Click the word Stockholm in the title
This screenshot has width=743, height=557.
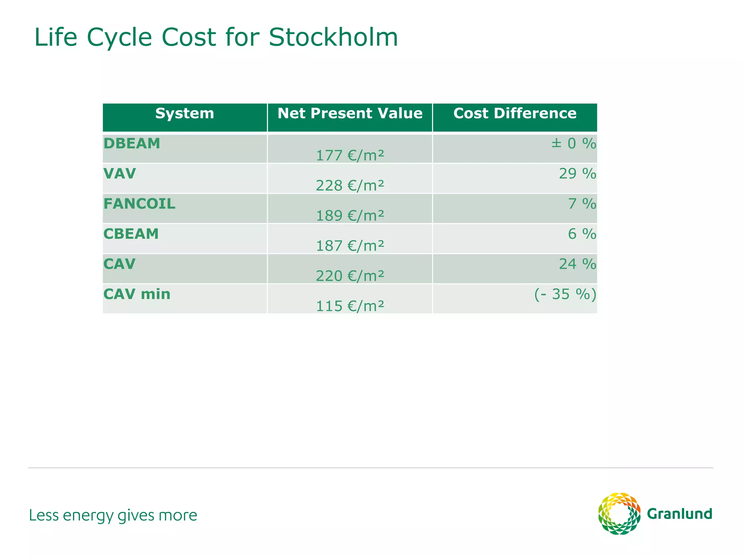coord(333,37)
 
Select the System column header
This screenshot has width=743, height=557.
coord(185,114)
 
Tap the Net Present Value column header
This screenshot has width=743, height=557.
coord(350,114)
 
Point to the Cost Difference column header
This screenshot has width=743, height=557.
coord(515,114)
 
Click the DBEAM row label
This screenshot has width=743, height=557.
coord(132,144)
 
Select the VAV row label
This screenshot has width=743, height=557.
coord(120,174)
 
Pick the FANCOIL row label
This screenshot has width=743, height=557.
coord(139,204)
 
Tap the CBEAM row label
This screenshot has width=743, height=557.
coord(131,234)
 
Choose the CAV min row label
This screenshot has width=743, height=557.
coord(137,294)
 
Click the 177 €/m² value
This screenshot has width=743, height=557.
coord(350,156)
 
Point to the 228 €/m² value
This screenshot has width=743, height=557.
coord(350,186)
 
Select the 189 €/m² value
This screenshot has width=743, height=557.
coord(350,216)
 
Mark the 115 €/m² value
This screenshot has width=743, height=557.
coord(350,306)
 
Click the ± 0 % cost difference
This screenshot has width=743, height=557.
coord(574,144)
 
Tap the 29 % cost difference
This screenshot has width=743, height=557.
coord(577,174)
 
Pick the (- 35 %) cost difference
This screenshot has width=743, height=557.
coord(565,294)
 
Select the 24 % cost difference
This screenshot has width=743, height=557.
coord(577,264)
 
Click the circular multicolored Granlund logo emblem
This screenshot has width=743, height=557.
coord(619,513)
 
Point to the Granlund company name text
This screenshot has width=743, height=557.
coord(680,514)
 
